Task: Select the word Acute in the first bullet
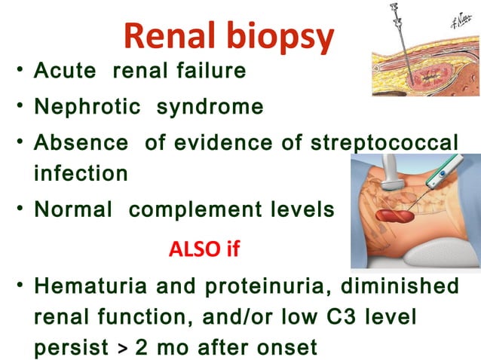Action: (66, 72)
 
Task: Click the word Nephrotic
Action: (87, 107)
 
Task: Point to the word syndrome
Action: (210, 107)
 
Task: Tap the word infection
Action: (81, 173)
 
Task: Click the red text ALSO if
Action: (204, 249)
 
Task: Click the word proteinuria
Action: (271, 286)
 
